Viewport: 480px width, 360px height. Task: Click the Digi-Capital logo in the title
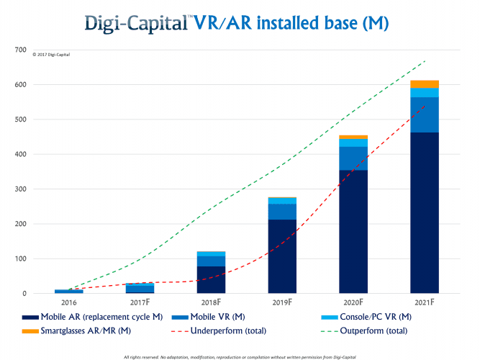click(x=136, y=24)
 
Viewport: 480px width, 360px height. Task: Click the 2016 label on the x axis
click(x=68, y=305)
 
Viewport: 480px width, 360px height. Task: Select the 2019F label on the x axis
click(x=282, y=305)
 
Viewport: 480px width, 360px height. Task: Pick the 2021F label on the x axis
click(x=425, y=305)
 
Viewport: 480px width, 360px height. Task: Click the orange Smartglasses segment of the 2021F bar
click(x=425, y=84)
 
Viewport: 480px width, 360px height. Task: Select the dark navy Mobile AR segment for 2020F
click(x=353, y=230)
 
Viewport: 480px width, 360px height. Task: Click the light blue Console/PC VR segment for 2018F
click(x=211, y=253)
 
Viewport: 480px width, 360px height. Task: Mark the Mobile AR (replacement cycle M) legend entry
click(x=94, y=317)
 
